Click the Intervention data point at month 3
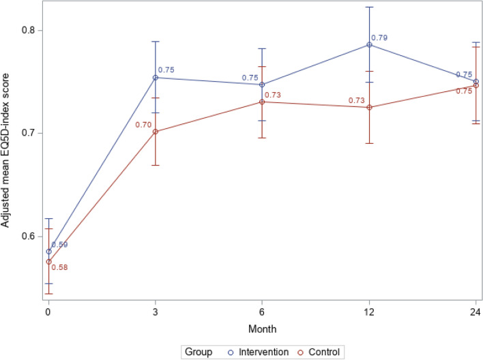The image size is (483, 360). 156,78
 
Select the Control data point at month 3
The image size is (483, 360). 156,132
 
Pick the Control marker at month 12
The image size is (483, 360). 370,108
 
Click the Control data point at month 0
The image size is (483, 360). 48,262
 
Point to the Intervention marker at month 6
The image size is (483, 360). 263,85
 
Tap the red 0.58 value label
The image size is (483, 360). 59,267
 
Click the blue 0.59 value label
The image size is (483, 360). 59,245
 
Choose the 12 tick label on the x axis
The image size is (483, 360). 370,312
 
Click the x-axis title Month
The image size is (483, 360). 263,328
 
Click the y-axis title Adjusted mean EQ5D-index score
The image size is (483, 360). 9,153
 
